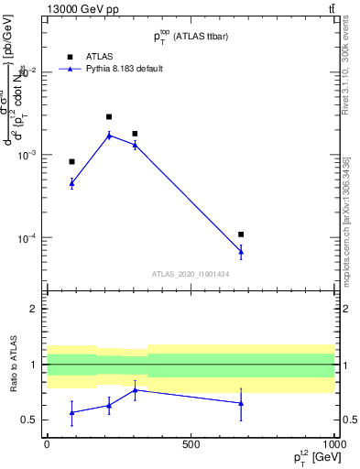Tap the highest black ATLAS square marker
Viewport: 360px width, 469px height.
(x=109, y=117)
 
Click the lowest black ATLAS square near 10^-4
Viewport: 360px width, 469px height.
(x=241, y=234)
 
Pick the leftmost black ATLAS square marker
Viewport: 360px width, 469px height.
(x=71, y=162)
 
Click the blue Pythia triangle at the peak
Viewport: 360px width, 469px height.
(x=109, y=135)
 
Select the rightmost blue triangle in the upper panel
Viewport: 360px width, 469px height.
(x=241, y=251)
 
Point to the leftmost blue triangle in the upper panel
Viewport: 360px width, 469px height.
(x=71, y=183)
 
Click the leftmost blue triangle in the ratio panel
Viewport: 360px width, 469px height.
(x=71, y=412)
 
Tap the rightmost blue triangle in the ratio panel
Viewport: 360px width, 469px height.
(x=241, y=403)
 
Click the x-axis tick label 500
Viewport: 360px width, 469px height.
(x=191, y=444)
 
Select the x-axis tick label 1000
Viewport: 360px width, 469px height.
(x=333, y=444)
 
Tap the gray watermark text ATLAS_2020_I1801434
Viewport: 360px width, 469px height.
(x=190, y=274)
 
